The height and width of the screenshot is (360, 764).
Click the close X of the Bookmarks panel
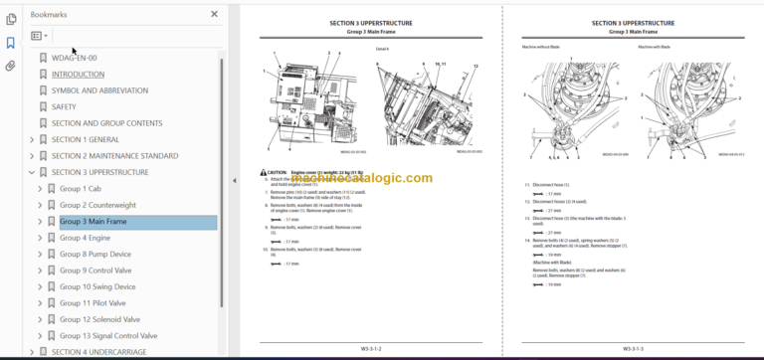click(x=214, y=14)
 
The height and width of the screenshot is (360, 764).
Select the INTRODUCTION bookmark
click(x=78, y=74)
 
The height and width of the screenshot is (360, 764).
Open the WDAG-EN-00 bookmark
click(x=74, y=58)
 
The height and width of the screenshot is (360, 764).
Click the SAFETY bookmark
click(x=64, y=106)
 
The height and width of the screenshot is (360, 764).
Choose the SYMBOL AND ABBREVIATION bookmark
click(x=96, y=90)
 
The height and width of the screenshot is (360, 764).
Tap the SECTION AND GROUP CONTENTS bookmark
click(x=106, y=123)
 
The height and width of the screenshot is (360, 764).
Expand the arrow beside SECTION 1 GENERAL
click(x=32, y=139)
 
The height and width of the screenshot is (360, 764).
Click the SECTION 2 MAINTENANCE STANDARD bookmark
click(x=114, y=156)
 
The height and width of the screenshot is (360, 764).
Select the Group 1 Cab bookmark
click(x=83, y=189)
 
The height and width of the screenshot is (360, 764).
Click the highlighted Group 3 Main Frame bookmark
click(x=93, y=222)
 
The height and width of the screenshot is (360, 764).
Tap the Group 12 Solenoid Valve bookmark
click(x=104, y=319)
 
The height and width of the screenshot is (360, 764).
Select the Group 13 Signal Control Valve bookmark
click(x=107, y=336)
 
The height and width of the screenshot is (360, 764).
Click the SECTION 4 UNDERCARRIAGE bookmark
click(x=105, y=352)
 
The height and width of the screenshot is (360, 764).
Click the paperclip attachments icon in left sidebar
click(x=10, y=67)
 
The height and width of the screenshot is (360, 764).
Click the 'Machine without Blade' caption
click(x=542, y=47)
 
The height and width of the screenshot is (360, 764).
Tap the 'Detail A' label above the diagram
click(x=383, y=47)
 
